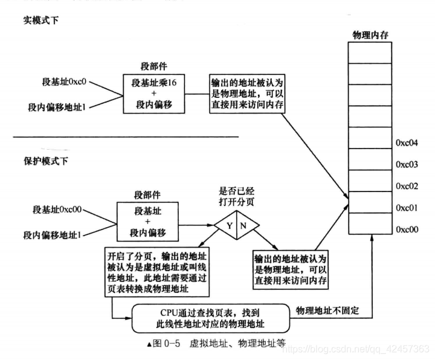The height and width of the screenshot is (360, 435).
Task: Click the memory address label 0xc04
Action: tap(407, 143)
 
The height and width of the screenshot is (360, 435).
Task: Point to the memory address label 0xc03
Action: tap(407, 164)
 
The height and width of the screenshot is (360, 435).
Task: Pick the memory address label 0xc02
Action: tap(407, 186)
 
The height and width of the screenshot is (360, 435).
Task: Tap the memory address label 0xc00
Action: tap(407, 230)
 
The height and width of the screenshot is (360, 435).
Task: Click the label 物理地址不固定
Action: tap(327, 310)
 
